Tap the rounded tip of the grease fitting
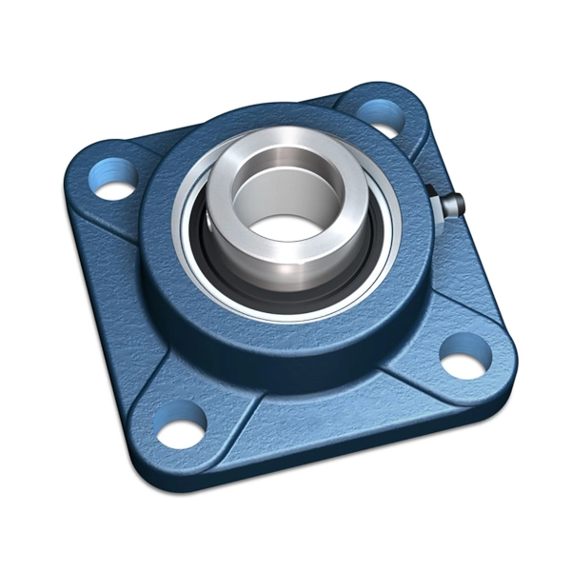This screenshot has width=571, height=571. pyautogui.click(x=458, y=202)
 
